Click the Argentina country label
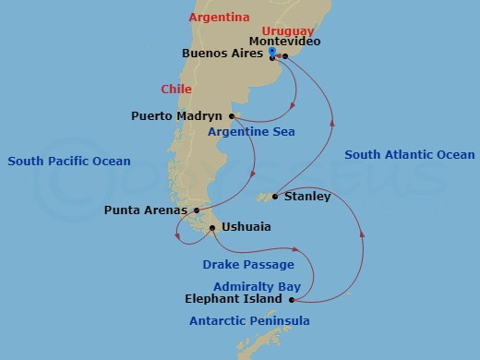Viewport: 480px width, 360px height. (219, 18)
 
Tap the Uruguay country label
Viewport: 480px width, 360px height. (287, 31)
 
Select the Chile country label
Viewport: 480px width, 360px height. (176, 90)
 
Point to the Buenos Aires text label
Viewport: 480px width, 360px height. (224, 54)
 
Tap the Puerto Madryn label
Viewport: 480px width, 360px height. (177, 116)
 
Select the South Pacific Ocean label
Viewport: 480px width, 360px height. (69, 162)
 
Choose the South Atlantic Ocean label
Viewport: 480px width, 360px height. (409, 155)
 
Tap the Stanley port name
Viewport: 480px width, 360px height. (305, 197)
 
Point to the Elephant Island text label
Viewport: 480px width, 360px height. (234, 300)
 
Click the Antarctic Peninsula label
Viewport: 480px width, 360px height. (249, 321)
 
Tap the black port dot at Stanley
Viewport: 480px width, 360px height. (275, 197)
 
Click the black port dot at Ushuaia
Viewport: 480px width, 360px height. (213, 228)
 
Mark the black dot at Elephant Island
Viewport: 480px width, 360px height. (292, 300)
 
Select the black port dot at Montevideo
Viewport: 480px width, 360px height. (285, 56)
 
